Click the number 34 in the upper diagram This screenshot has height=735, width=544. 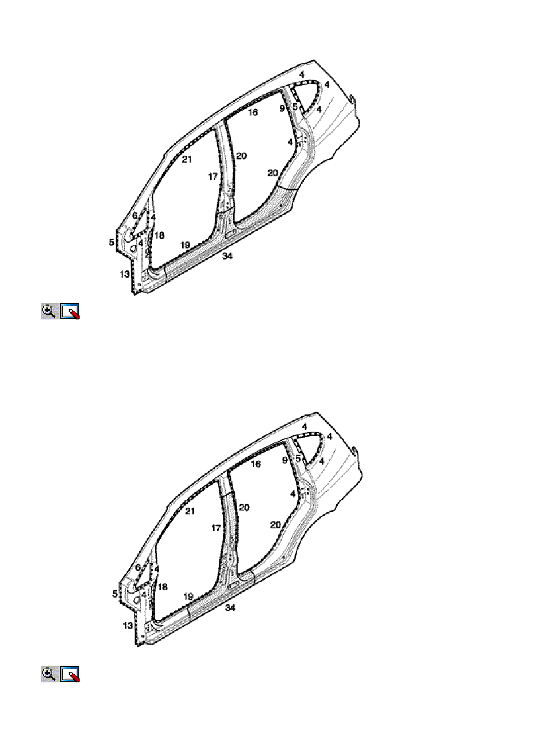(227, 256)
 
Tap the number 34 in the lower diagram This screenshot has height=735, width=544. (230, 607)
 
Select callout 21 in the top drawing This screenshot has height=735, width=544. (187, 159)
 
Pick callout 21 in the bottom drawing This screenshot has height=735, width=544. (190, 511)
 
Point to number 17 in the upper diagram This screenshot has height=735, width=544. (213, 176)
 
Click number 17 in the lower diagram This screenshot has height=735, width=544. (216, 528)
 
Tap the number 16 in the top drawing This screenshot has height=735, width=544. (253, 112)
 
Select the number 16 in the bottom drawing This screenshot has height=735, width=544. (256, 464)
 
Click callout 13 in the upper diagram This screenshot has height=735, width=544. (125, 274)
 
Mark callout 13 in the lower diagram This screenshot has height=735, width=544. (128, 626)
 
